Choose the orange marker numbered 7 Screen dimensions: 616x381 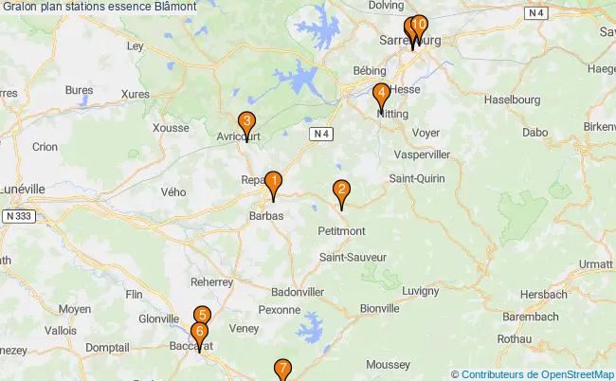[282, 369]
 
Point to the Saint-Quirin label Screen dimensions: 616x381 [417, 178]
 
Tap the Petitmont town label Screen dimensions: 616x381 [342, 230]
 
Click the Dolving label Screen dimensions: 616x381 [386, 6]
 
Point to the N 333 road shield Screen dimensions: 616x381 [20, 217]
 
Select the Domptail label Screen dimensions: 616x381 [107, 348]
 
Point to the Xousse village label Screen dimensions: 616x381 [171, 128]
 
